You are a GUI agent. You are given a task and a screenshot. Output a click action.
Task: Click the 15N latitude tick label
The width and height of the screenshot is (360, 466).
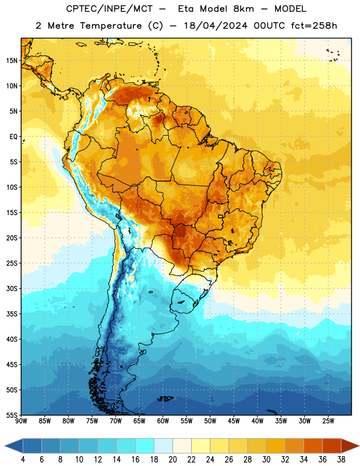[x=12, y=61]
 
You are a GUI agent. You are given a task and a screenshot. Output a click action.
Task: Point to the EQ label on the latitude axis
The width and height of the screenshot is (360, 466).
[x=13, y=137]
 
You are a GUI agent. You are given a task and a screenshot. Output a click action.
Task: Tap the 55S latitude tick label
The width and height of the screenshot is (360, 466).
[x=12, y=415]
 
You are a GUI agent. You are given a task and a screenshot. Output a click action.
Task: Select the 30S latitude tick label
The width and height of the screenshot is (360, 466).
[x=12, y=288]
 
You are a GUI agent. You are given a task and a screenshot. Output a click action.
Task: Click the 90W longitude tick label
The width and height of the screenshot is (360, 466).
[x=22, y=421]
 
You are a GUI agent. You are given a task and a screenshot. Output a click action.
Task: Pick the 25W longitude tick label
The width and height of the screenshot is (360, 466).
[x=328, y=421]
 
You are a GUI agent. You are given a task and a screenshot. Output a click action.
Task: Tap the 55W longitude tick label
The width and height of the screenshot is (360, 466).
[x=186, y=421]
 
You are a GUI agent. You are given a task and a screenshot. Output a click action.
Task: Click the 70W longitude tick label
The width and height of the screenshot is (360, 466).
[x=116, y=421]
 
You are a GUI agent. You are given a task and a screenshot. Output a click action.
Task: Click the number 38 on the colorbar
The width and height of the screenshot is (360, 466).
[x=341, y=460]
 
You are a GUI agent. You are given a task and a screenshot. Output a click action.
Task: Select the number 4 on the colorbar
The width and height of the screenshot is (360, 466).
[x=23, y=460]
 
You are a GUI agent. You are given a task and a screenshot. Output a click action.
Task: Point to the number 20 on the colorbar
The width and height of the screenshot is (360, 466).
[x=172, y=460]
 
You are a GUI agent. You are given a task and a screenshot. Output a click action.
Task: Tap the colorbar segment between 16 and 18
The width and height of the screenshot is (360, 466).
[x=145, y=446]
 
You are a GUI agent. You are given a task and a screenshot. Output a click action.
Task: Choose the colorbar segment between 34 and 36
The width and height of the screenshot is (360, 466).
[x=313, y=446]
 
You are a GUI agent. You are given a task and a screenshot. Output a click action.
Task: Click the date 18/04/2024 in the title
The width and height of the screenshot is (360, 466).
[x=216, y=26]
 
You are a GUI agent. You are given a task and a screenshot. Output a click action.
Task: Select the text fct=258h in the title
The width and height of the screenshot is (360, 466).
[x=314, y=26]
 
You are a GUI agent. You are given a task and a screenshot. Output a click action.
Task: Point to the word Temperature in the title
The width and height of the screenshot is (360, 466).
[x=111, y=26]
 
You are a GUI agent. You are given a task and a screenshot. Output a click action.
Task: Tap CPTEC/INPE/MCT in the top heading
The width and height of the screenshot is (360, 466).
[x=109, y=9]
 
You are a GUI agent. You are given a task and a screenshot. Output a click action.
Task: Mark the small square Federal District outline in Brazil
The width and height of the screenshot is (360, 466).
[x=221, y=216]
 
